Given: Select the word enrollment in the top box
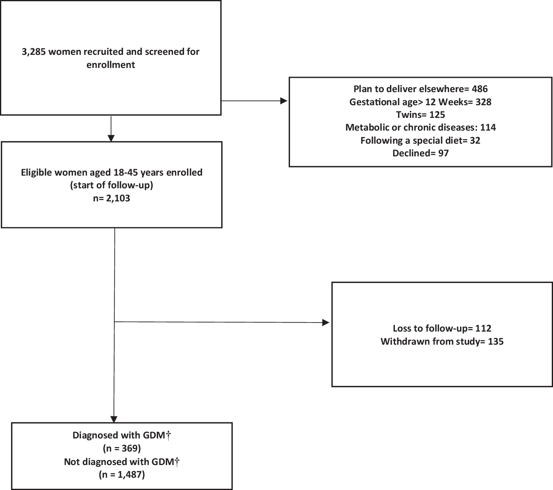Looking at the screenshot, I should click(x=111, y=65).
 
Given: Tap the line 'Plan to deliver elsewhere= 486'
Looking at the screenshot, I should click(x=420, y=89).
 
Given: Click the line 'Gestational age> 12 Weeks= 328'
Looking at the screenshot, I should click(x=420, y=102).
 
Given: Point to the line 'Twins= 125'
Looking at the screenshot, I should click(x=420, y=115).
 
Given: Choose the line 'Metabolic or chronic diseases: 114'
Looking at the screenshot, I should click(x=420, y=127).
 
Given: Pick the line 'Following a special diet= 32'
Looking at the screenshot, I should click(x=420, y=140).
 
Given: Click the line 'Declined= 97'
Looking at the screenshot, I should click(x=420, y=153).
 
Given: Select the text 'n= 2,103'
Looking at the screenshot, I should click(x=111, y=198).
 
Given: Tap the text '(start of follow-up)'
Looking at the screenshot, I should click(x=111, y=185).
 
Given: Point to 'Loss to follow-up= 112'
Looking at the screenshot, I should click(x=442, y=328).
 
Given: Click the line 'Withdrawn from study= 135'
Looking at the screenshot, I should click(x=442, y=341).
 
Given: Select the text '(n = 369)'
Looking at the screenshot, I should click(x=122, y=449).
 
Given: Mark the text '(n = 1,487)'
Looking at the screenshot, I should click(x=122, y=475).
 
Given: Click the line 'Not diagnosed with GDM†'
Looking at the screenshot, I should click(x=122, y=462).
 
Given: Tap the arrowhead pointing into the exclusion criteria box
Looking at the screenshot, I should click(x=284, y=101).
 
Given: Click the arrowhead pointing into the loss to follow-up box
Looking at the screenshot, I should click(x=326, y=323).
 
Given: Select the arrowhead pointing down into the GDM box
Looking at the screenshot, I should click(x=114, y=418).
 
